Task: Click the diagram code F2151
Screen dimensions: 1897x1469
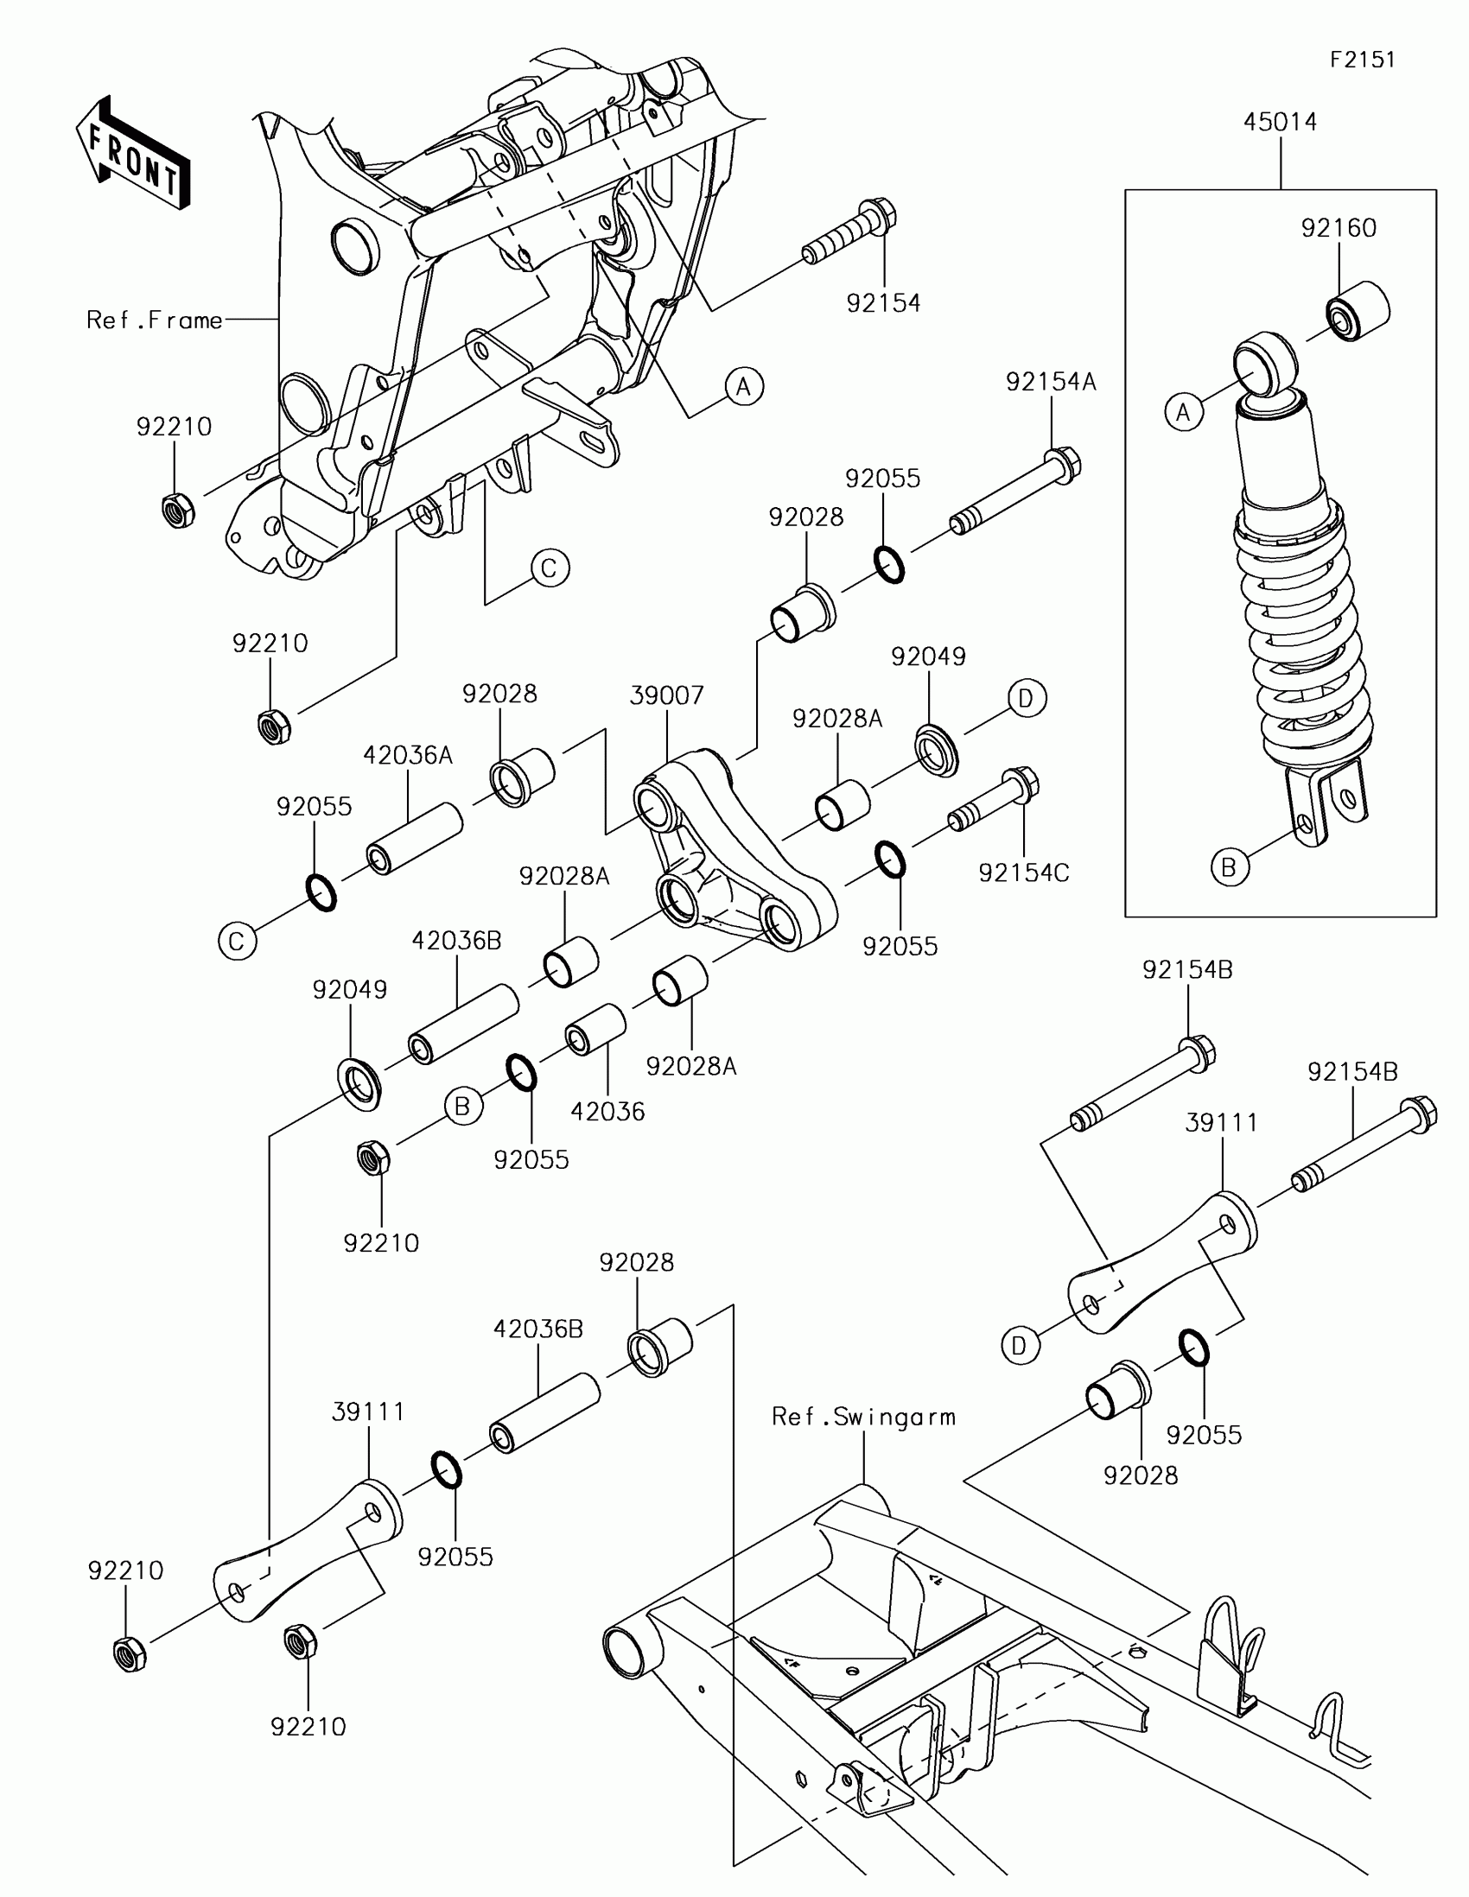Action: [x=1362, y=59]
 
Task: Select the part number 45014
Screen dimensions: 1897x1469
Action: [x=1280, y=122]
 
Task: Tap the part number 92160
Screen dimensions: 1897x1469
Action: [x=1338, y=227]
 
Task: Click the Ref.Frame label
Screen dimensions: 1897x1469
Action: [x=155, y=320]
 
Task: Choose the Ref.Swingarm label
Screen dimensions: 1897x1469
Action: [x=862, y=1417]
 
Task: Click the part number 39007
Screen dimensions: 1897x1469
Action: [x=666, y=695]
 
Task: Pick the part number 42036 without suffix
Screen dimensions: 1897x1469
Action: [x=607, y=1111]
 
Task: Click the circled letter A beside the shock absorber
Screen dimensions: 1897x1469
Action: [x=1183, y=412]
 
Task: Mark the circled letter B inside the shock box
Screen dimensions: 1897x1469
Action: [x=1229, y=866]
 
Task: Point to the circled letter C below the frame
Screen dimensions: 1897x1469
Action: [x=549, y=568]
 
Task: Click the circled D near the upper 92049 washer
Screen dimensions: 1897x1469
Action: [x=1026, y=698]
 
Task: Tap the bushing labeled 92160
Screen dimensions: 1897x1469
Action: [x=1358, y=312]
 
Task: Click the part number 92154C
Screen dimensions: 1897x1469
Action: [x=1023, y=873]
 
